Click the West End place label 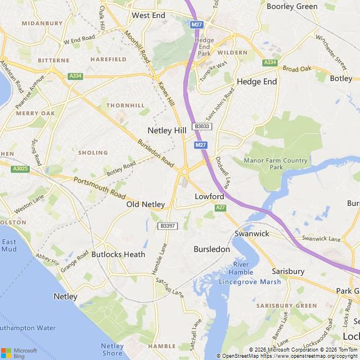[148, 15]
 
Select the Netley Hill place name [166, 130]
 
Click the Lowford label [209, 196]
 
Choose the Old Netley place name [146, 204]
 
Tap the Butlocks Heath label [118, 254]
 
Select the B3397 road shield [168, 226]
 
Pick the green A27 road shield [221, 208]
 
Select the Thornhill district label [125, 105]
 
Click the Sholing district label [93, 152]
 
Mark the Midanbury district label [42, 24]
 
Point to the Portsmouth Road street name [99, 187]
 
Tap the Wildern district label [232, 52]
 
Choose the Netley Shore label [112, 349]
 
